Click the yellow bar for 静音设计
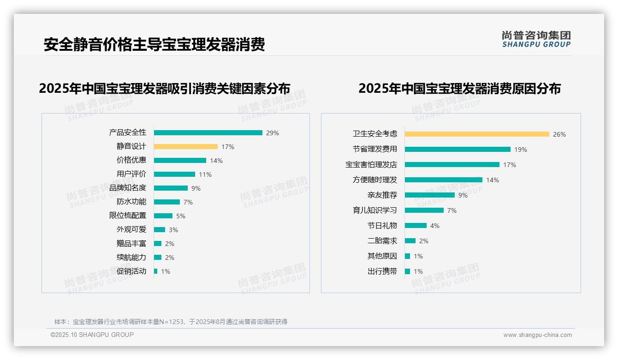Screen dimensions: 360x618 [x=185, y=147]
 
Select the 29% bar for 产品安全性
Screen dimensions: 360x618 [x=208, y=133]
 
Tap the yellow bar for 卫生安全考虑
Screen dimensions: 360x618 [x=477, y=134]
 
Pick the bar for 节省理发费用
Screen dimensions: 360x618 [x=458, y=150]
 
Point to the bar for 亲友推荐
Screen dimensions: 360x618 [x=429, y=195]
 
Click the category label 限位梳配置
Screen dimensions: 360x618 [x=128, y=216]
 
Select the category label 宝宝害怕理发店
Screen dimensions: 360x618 [x=371, y=165]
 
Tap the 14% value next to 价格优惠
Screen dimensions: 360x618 [x=216, y=161]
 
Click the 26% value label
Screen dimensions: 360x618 [x=559, y=134]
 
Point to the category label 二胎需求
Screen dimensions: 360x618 [x=382, y=241]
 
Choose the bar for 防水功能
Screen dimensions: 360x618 [x=167, y=202]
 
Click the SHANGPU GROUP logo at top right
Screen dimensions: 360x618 [x=536, y=39]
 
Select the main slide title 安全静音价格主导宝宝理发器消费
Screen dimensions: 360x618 [x=154, y=44]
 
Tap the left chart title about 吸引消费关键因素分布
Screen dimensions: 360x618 [x=165, y=88]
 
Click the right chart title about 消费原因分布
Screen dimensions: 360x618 [x=459, y=88]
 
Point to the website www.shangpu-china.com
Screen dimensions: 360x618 [x=537, y=335]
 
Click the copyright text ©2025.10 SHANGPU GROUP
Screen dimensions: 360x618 [x=92, y=335]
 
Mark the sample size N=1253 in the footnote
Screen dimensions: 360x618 [x=174, y=322]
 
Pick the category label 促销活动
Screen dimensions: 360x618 [x=131, y=271]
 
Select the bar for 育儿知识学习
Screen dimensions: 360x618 [x=424, y=210]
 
